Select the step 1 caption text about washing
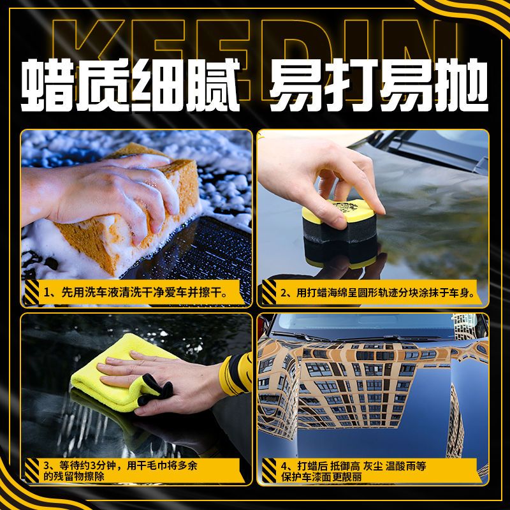click(136, 293)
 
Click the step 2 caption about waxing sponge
click(377, 293)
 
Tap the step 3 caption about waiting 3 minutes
click(120, 470)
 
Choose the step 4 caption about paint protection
click(354, 471)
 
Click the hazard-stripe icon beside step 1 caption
click(31, 293)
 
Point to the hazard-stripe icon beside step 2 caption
click(269, 293)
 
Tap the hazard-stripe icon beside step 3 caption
click(31, 470)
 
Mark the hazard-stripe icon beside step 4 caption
click(269, 470)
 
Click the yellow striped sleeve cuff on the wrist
click(236, 374)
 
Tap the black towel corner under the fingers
click(156, 390)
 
